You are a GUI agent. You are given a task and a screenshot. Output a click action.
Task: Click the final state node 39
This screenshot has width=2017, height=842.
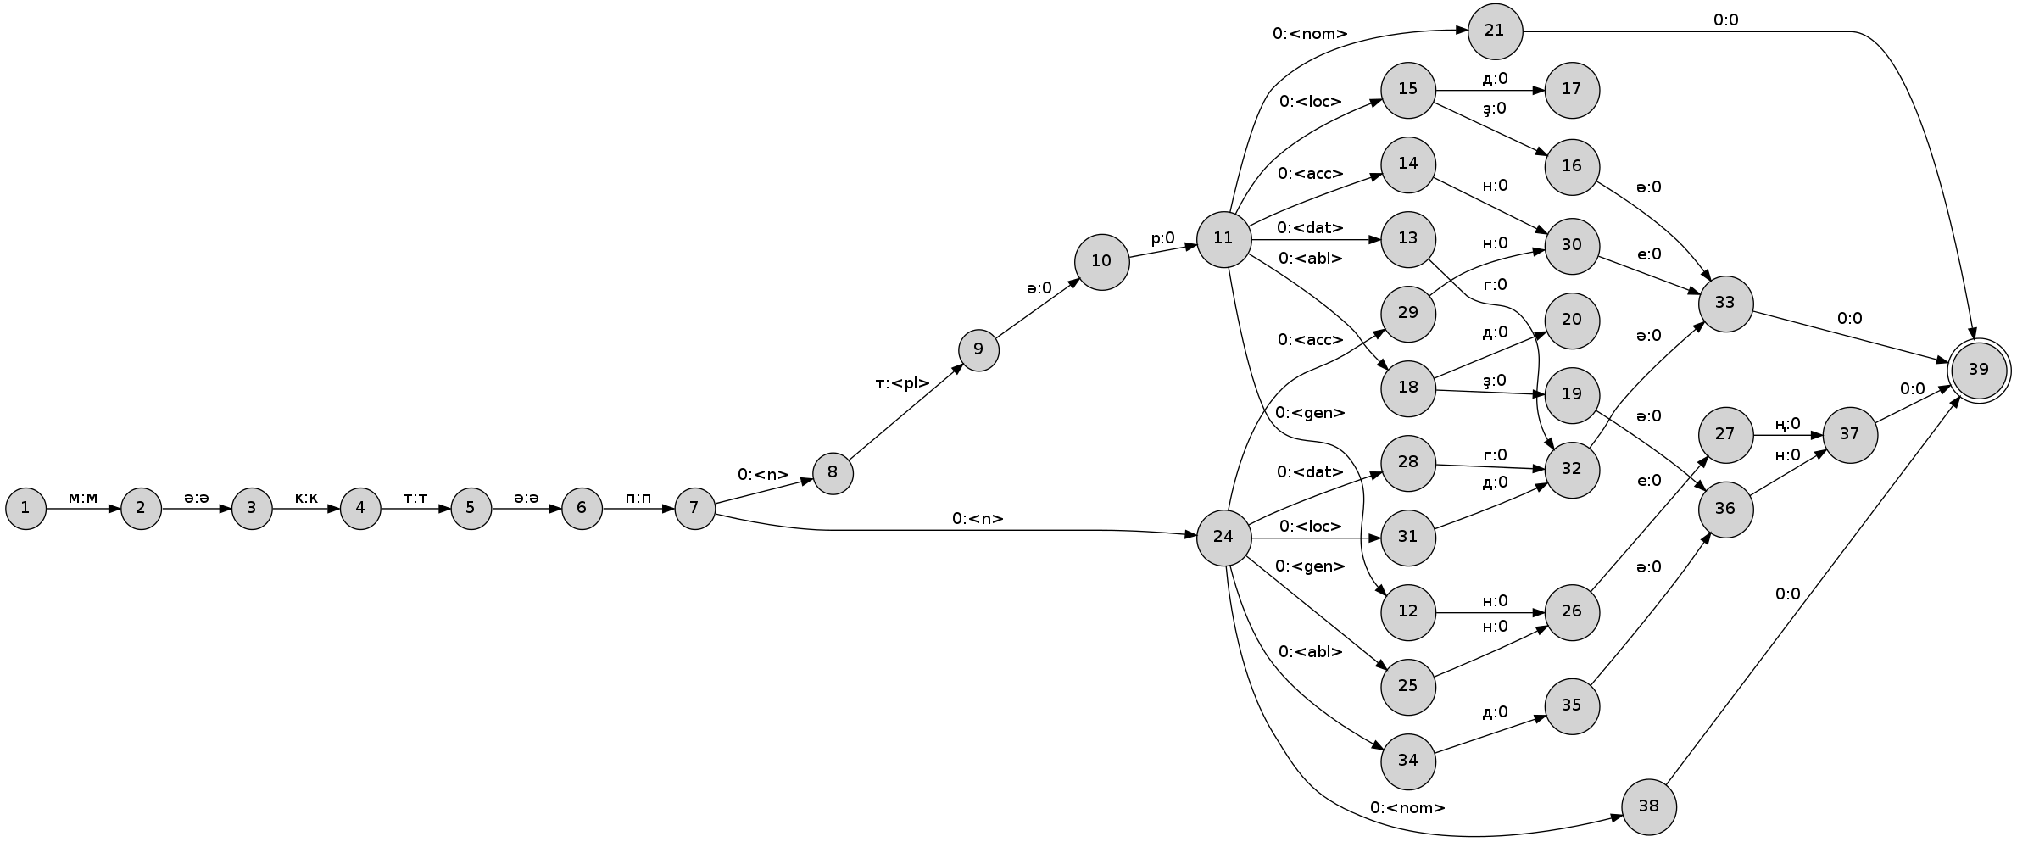click(x=1978, y=370)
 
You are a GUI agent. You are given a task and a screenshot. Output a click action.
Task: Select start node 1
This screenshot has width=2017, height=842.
click(x=25, y=508)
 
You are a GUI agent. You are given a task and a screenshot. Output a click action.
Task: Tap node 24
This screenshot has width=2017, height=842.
click(x=1223, y=537)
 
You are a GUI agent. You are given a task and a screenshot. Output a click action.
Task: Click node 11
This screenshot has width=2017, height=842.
click(x=1223, y=238)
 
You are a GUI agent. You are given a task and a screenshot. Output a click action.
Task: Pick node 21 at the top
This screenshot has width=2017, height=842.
click(x=1495, y=31)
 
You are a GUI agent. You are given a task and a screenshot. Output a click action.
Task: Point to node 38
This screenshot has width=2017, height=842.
click(x=1649, y=806)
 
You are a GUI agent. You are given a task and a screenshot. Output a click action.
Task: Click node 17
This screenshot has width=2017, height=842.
click(x=1572, y=89)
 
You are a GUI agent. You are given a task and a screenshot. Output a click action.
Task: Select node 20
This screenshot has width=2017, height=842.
click(x=1572, y=321)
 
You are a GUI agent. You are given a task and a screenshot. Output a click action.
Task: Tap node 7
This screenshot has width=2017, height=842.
click(x=694, y=508)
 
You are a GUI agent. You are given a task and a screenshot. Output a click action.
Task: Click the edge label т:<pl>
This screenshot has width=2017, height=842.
click(x=903, y=383)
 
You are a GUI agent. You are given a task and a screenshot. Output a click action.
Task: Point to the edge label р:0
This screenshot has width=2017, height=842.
click(x=1162, y=239)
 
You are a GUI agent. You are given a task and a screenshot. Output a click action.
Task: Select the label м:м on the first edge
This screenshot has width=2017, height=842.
click(x=83, y=498)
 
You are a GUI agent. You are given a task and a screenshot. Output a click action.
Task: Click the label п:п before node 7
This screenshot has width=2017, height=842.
click(x=638, y=498)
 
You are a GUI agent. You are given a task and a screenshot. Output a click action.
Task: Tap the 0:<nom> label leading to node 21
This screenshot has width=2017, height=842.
click(x=1310, y=35)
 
